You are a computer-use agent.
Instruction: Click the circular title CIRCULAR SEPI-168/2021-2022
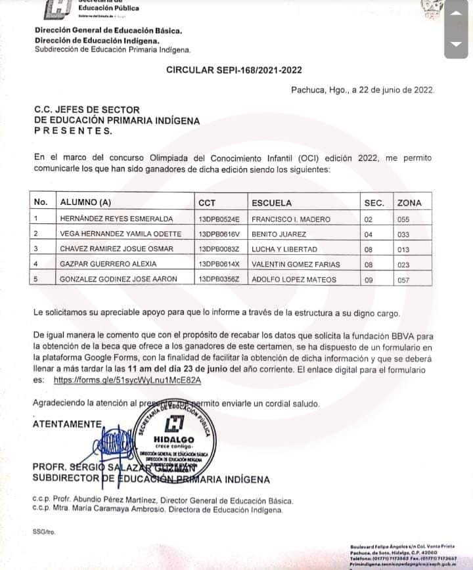point(234,70)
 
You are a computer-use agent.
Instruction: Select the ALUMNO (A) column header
point(85,203)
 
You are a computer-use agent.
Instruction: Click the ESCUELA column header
point(271,203)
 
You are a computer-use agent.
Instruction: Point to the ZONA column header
point(409,203)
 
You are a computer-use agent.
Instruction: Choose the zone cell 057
point(403,280)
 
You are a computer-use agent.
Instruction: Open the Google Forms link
point(118,380)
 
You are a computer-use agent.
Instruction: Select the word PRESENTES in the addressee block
point(72,130)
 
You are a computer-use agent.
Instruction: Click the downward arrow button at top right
point(456,45)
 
